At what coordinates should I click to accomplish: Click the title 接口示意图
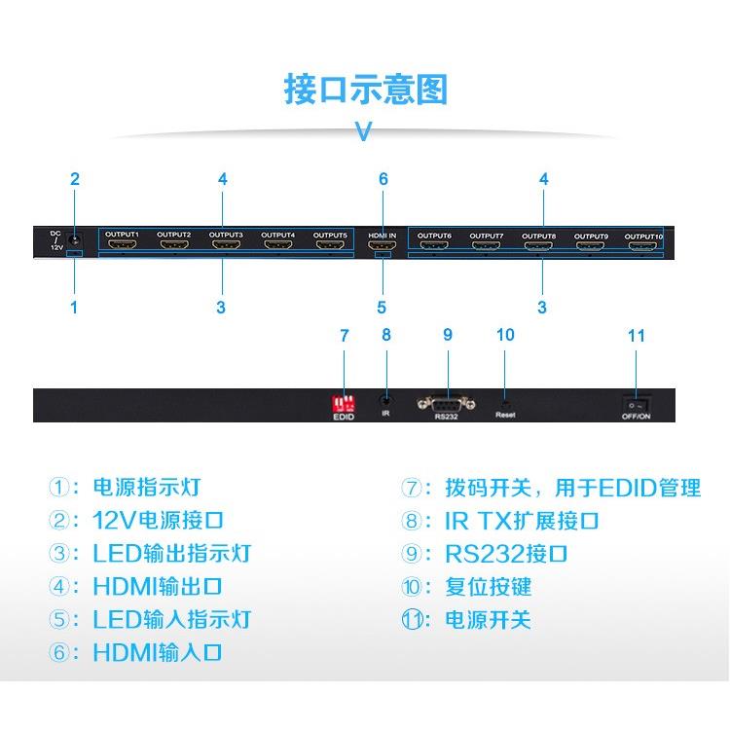tap(365, 89)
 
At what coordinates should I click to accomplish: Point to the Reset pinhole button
tap(504, 400)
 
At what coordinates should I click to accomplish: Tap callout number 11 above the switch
tap(637, 336)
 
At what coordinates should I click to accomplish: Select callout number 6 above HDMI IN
tap(383, 179)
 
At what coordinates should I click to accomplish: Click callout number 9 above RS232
tap(448, 335)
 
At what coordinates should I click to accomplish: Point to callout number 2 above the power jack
tap(75, 179)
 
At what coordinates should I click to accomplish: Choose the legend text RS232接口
tap(506, 554)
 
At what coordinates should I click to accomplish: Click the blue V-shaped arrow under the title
tap(364, 130)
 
